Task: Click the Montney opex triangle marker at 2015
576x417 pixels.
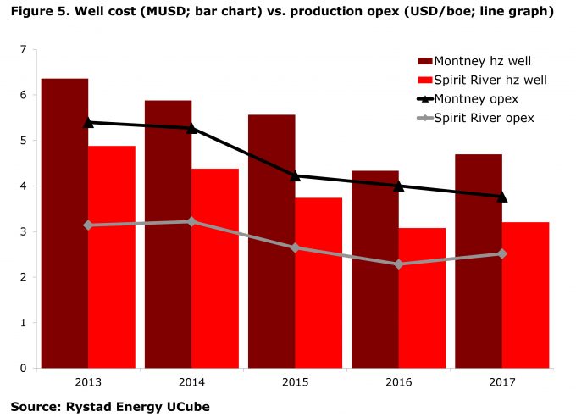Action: pyautogui.click(x=295, y=175)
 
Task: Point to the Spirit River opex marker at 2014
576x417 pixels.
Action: pyautogui.click(x=191, y=221)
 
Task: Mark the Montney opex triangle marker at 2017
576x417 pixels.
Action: pyautogui.click(x=501, y=197)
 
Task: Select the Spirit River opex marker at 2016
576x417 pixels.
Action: pyautogui.click(x=398, y=264)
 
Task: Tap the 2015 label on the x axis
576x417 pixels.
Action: pyautogui.click(x=295, y=382)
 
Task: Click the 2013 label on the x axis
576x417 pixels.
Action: pyautogui.click(x=88, y=382)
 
